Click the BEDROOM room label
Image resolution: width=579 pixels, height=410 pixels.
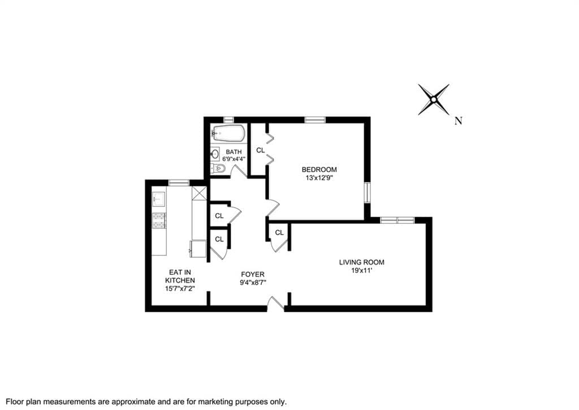pos(319,170)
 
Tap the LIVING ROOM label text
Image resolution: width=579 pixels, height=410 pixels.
pos(361,262)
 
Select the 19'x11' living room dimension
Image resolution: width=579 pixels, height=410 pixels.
pos(361,270)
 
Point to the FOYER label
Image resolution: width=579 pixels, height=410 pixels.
pos(253,274)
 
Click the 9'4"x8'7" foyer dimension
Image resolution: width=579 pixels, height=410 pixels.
pos(253,283)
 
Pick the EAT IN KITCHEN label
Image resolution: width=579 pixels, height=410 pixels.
pos(180,277)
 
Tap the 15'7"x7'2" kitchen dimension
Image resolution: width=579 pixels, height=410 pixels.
pos(180,288)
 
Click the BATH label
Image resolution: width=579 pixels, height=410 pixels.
pos(234,152)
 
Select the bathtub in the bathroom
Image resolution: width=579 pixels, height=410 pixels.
pos(228,133)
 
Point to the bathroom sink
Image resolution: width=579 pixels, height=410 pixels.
pos(215,154)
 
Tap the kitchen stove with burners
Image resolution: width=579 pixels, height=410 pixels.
pos(159,221)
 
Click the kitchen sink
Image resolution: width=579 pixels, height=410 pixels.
pos(159,199)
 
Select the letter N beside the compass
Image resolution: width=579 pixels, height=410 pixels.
pos(458,121)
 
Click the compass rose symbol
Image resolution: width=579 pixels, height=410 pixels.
pos(434,100)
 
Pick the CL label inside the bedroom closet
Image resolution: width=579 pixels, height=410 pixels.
pos(260,150)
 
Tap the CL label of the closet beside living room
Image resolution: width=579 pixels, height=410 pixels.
pos(279,232)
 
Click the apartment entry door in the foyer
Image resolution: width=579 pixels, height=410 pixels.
pos(276,303)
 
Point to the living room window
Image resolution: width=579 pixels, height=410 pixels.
pos(397,220)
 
